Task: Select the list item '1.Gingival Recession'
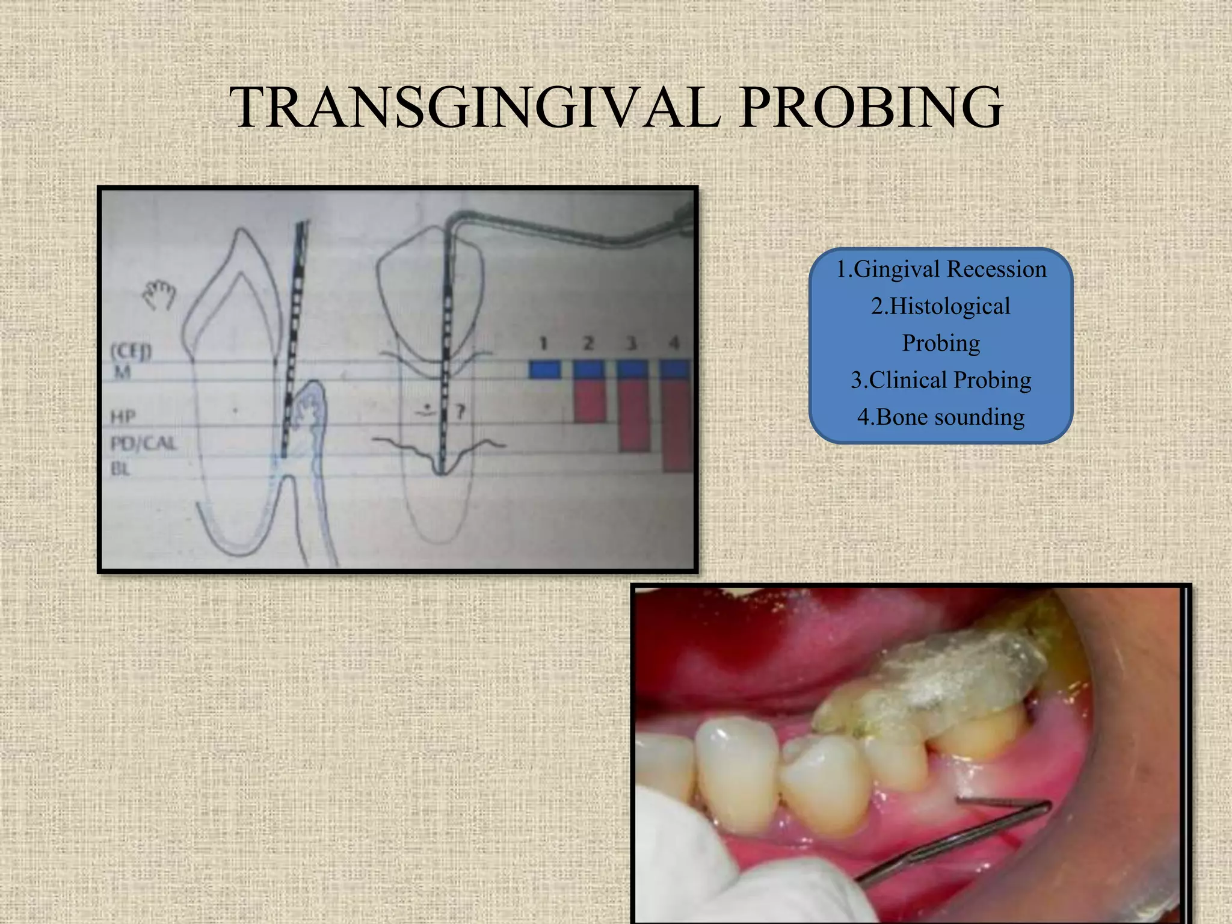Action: (941, 269)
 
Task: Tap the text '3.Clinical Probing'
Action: (941, 380)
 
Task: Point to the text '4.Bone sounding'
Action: (941, 417)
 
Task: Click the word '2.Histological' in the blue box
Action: (941, 306)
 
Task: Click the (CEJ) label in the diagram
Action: (131, 350)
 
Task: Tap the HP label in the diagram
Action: (123, 416)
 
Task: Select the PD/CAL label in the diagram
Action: (143, 444)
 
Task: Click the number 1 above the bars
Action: (543, 343)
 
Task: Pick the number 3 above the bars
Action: (631, 343)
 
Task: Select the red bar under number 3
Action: (635, 415)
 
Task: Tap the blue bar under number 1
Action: (544, 369)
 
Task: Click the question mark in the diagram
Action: (460, 412)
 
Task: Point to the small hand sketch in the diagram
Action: (158, 296)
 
